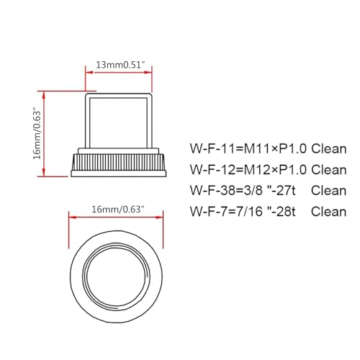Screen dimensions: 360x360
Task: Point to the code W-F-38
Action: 210,191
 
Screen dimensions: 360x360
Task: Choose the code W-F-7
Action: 207,212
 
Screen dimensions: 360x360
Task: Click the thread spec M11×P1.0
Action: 270,149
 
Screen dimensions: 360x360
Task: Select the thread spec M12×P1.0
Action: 270,170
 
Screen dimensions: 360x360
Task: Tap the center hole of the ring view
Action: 118,269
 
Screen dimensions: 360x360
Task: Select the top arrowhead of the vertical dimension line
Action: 45,93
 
